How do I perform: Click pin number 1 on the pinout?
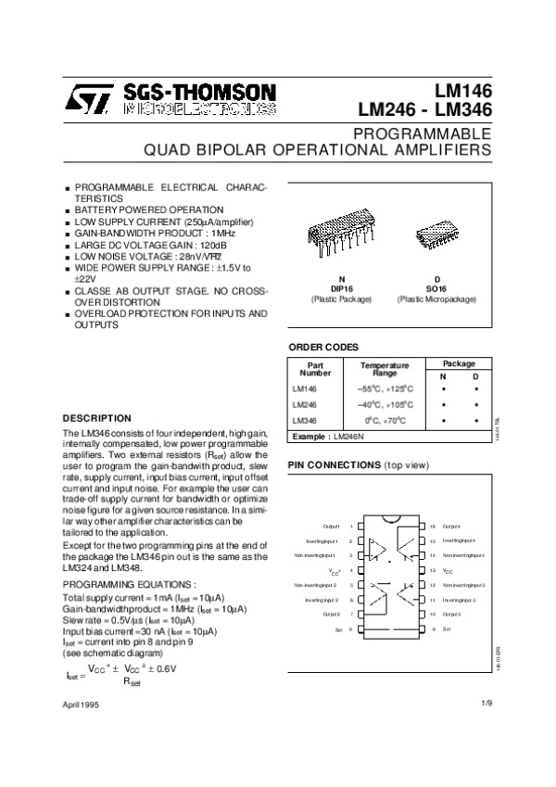coord(350,526)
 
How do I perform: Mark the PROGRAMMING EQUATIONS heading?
coord(128,585)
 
